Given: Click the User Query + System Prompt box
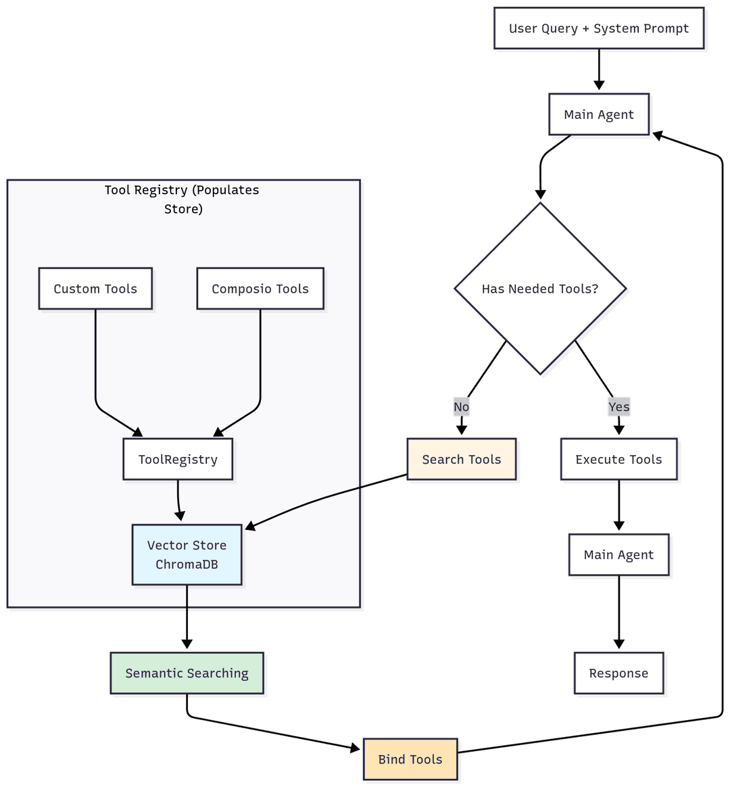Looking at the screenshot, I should pyautogui.click(x=599, y=28).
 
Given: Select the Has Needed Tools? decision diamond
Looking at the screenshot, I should pyautogui.click(x=540, y=289).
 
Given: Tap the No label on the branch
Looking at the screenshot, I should pyautogui.click(x=462, y=407).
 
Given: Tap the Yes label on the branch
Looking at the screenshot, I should pyautogui.click(x=618, y=407).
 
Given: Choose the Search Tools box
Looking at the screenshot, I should pyautogui.click(x=462, y=460).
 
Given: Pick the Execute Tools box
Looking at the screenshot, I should pyautogui.click(x=618, y=460).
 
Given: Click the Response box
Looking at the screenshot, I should pyautogui.click(x=618, y=673).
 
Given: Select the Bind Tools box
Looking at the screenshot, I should pyautogui.click(x=410, y=759).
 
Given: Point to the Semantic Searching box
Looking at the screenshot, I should pyautogui.click(x=187, y=673).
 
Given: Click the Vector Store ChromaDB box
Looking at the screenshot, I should pyautogui.click(x=187, y=554).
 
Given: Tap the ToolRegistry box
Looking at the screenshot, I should pyautogui.click(x=178, y=460).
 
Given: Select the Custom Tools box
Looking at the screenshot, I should pyautogui.click(x=95, y=289).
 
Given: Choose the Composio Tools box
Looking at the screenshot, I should pyautogui.click(x=260, y=289).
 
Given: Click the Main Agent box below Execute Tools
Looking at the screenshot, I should pyautogui.click(x=618, y=555).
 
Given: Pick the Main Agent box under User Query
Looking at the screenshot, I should pyautogui.click(x=599, y=114).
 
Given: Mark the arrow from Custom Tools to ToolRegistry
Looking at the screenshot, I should pyautogui.click(x=95, y=365).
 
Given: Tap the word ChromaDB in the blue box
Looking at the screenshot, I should pyautogui.click(x=187, y=565).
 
